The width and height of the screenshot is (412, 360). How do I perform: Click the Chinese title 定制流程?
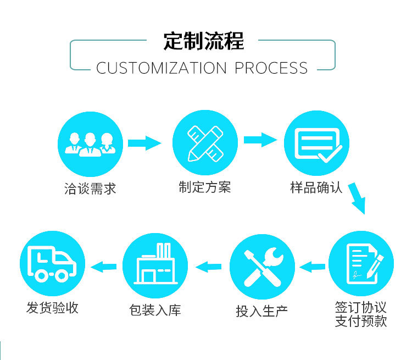click(204, 41)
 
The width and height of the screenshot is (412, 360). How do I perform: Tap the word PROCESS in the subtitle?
click(271, 68)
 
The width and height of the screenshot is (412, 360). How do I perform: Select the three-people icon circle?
click(90, 143)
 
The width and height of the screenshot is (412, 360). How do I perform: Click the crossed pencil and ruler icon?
click(205, 143)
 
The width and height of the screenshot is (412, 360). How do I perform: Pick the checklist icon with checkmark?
click(316, 144)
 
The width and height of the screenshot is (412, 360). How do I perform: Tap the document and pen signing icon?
click(361, 263)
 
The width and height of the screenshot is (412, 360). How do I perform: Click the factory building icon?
click(155, 267)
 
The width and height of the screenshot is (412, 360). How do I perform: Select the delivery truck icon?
click(52, 263)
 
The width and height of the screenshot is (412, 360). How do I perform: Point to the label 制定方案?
click(205, 187)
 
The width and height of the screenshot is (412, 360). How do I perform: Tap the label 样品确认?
click(316, 187)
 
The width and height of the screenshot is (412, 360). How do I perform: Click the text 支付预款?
click(361, 320)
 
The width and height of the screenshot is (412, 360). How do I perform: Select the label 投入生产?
click(262, 311)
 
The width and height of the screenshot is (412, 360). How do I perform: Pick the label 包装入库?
click(155, 310)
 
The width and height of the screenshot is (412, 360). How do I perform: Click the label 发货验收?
click(52, 308)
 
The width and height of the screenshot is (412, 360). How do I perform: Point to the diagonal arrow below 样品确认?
click(358, 198)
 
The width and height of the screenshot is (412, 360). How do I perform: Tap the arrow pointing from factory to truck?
click(104, 267)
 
